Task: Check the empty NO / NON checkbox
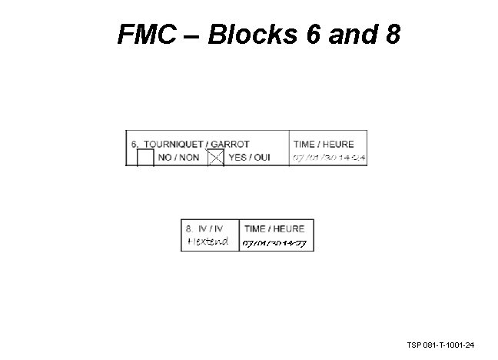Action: point(144,158)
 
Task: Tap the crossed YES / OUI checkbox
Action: point(216,158)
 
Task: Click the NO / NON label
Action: point(178,158)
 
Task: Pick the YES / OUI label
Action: point(249,158)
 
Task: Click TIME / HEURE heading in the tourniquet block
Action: point(324,144)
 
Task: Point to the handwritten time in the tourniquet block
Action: point(330,158)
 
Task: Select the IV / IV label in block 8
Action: point(210,228)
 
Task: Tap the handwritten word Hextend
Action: point(208,242)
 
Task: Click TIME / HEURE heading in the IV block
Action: point(274,228)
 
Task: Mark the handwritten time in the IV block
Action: point(274,243)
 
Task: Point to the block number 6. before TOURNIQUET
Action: point(135,144)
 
